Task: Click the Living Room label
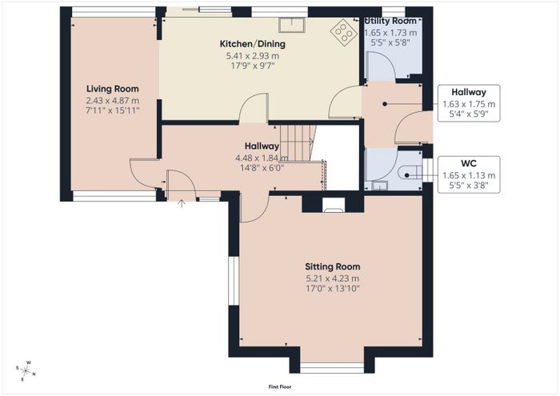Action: pyautogui.click(x=113, y=89)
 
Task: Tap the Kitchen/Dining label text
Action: pyautogui.click(x=253, y=44)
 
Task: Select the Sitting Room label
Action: pyautogui.click(x=333, y=266)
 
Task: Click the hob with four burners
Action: pyautogui.click(x=344, y=32)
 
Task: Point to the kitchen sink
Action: pyautogui.click(x=292, y=25)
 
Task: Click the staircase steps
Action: pyautogui.click(x=298, y=143)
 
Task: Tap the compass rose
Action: pyautogui.click(x=26, y=371)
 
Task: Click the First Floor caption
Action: pyautogui.click(x=280, y=386)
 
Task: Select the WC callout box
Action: pyautogui.click(x=469, y=174)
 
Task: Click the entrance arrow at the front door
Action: pyautogui.click(x=182, y=203)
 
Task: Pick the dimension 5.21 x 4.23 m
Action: pyautogui.click(x=333, y=278)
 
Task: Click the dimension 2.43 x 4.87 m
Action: pyautogui.click(x=113, y=101)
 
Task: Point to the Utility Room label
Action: pyautogui.click(x=390, y=21)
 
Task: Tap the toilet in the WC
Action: pyautogui.click(x=410, y=175)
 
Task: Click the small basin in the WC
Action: pyautogui.click(x=379, y=186)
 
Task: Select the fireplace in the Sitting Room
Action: pyautogui.click(x=334, y=206)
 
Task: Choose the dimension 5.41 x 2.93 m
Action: pyautogui.click(x=253, y=56)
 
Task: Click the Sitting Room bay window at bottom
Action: pyautogui.click(x=332, y=368)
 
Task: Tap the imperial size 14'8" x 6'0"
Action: pyautogui.click(x=262, y=168)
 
